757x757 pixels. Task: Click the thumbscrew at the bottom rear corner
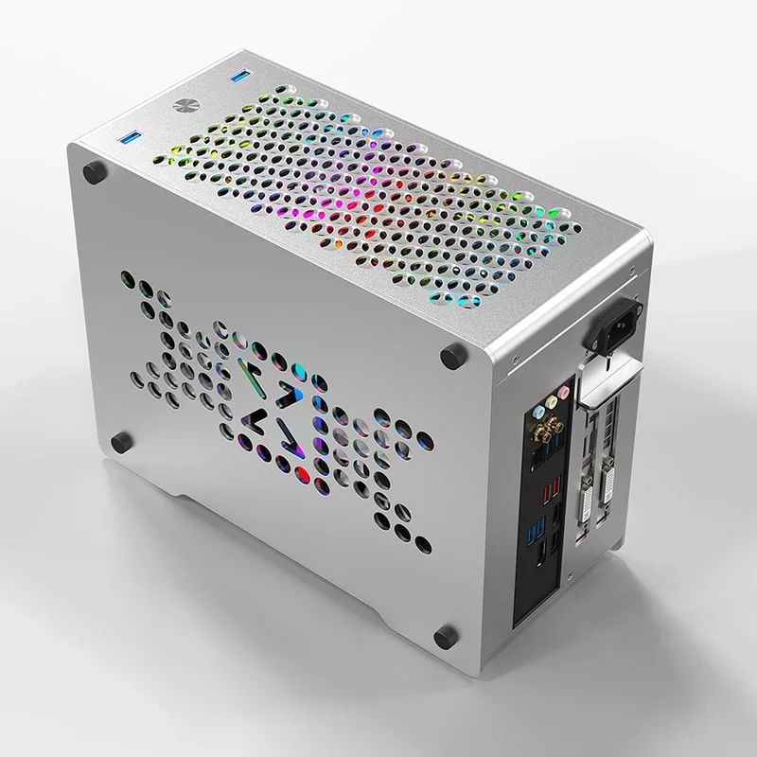[447, 634]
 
